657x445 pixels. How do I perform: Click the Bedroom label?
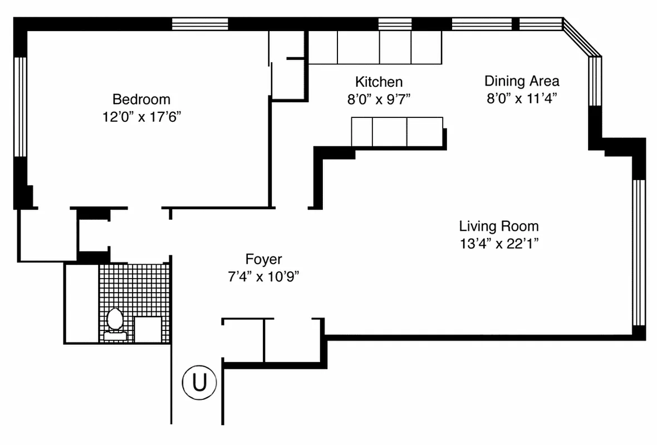click(x=141, y=100)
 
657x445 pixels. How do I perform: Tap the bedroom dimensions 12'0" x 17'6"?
click(x=141, y=117)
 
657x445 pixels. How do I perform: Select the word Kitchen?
click(x=379, y=82)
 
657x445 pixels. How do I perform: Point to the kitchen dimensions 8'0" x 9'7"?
click(x=379, y=99)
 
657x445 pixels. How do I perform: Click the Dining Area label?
click(x=522, y=81)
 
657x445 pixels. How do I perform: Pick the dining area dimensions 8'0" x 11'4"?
click(x=522, y=98)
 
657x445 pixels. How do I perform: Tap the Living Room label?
click(x=499, y=226)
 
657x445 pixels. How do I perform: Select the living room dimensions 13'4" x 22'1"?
click(x=499, y=244)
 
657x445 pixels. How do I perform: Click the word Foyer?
click(x=263, y=259)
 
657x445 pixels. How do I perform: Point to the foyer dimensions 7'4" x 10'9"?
click(x=263, y=276)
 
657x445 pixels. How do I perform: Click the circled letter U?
click(x=199, y=382)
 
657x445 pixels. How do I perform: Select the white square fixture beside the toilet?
click(x=148, y=329)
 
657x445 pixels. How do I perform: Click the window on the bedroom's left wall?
click(x=20, y=107)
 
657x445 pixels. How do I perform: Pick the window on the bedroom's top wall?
click(x=200, y=24)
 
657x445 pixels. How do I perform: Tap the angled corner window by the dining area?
click(x=582, y=37)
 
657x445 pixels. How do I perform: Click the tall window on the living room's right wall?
click(x=639, y=253)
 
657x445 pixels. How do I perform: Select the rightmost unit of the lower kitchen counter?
click(x=425, y=132)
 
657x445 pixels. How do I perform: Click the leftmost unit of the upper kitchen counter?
click(x=323, y=47)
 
